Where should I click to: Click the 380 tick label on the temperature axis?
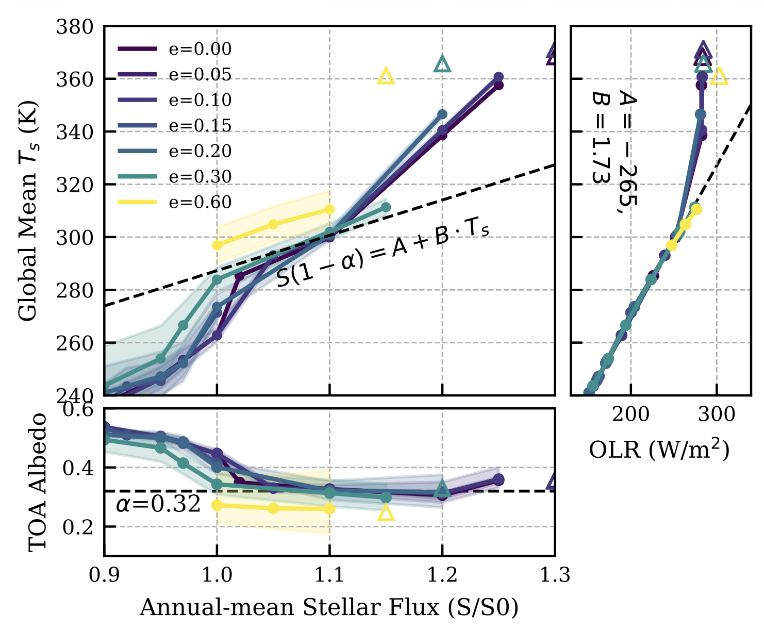click(x=74, y=26)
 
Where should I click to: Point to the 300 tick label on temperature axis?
click(x=74, y=237)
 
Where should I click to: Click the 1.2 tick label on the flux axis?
click(x=442, y=575)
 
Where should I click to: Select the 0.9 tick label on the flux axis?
click(x=104, y=575)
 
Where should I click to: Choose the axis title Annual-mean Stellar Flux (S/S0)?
click(x=329, y=607)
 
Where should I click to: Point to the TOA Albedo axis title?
click(x=37, y=482)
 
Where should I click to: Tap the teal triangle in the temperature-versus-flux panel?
click(x=442, y=64)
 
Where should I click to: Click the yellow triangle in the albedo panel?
click(x=386, y=513)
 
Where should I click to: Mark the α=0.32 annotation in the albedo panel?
click(x=158, y=504)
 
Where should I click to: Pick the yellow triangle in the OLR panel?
click(x=719, y=77)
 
